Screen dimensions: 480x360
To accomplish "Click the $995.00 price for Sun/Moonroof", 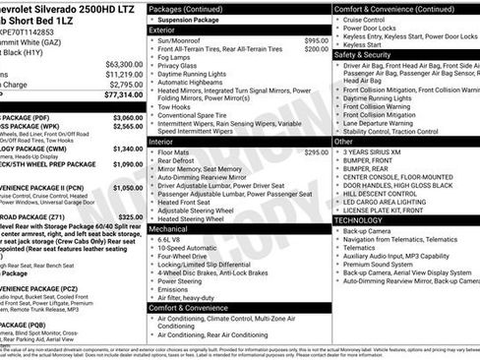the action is pos(316,40).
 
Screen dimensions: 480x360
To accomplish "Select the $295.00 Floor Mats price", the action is pos(316,152).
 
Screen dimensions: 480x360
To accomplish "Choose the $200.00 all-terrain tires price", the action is pos(316,48).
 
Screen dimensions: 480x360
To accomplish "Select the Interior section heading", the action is pos(161,142).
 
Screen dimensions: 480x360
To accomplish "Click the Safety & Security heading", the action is pos(363,55).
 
